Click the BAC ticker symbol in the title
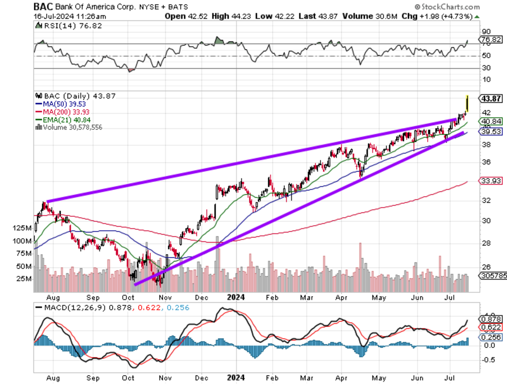(x=43, y=7)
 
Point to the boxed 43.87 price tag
(x=491, y=98)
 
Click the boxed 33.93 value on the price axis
(x=491, y=181)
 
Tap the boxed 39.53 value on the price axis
(x=491, y=132)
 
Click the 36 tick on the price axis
(x=486, y=162)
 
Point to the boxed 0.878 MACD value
(x=491, y=319)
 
